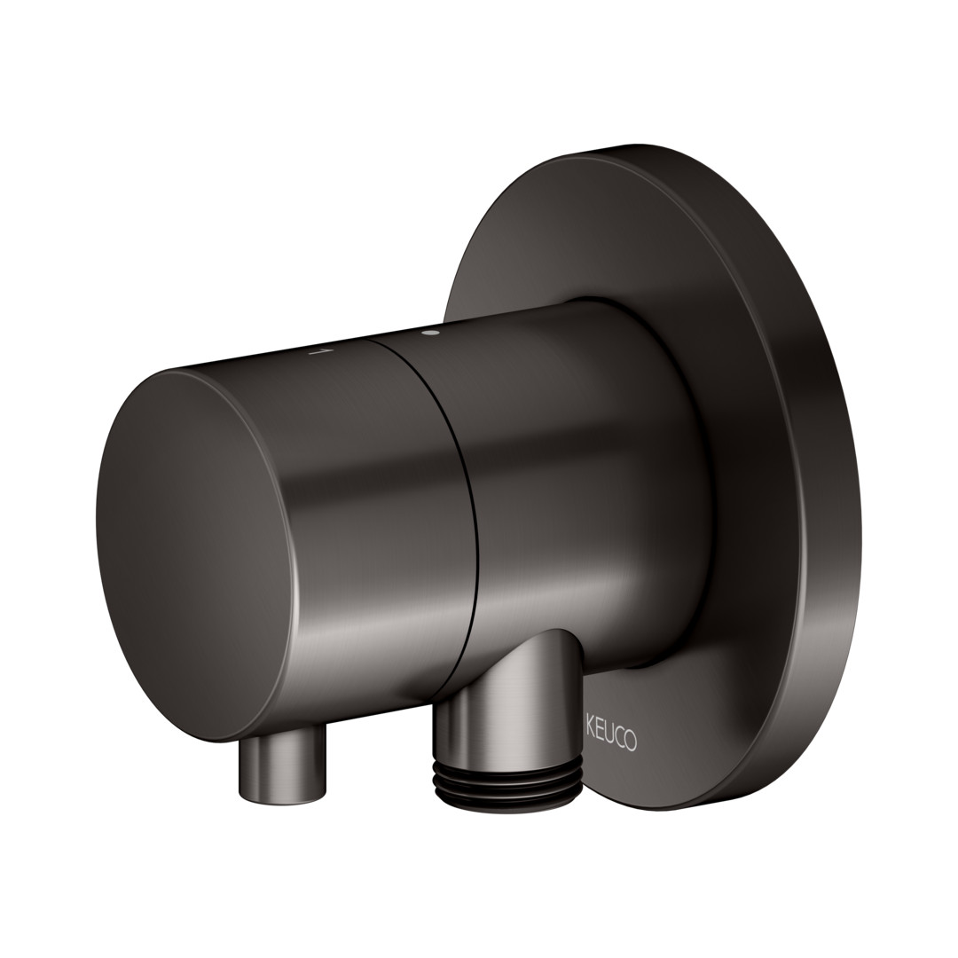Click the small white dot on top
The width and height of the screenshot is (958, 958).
point(434,333)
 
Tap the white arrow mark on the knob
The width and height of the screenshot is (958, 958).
point(319,352)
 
